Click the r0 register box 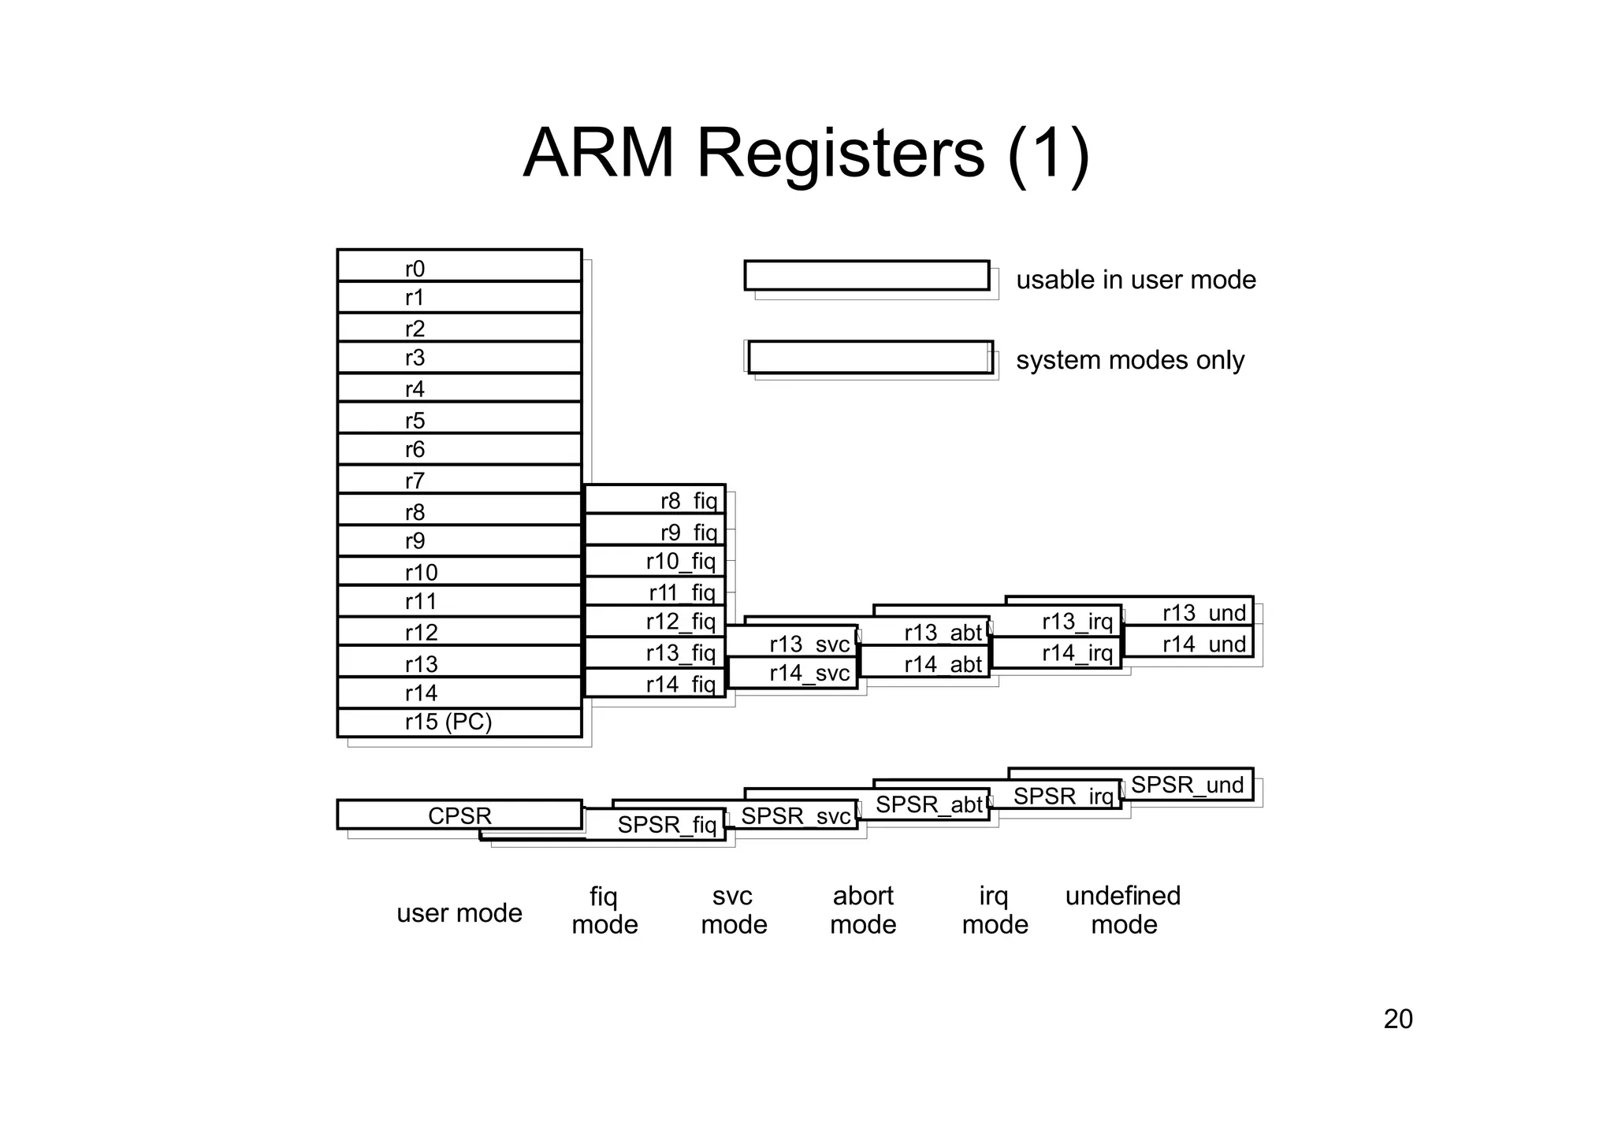pyautogui.click(x=459, y=266)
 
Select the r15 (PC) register pyautogui.click(x=459, y=722)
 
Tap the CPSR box pyautogui.click(x=459, y=815)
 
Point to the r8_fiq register pyautogui.click(x=655, y=499)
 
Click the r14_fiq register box pyautogui.click(x=655, y=683)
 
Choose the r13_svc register pyautogui.click(x=792, y=643)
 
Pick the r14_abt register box pyautogui.click(x=924, y=663)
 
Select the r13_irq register pyautogui.click(x=1056, y=622)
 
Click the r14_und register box pyautogui.click(x=1188, y=643)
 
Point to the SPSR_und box pyautogui.click(x=1187, y=785)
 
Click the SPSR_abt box pyautogui.click(x=924, y=804)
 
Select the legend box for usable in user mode pyautogui.click(x=867, y=276)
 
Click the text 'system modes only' pyautogui.click(x=1129, y=360)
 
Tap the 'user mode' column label pyautogui.click(x=459, y=913)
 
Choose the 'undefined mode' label pyautogui.click(x=1123, y=910)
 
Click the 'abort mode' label pyautogui.click(x=863, y=910)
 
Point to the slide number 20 pyautogui.click(x=1398, y=1019)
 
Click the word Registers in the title pyautogui.click(x=840, y=153)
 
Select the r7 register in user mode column pyautogui.click(x=459, y=479)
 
